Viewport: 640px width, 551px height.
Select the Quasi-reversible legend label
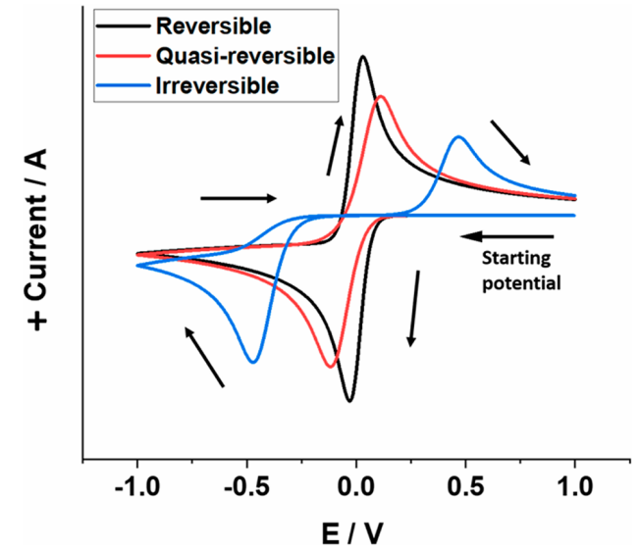[x=242, y=55]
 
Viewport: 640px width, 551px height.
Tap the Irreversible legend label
[x=217, y=85]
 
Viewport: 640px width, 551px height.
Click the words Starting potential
[x=520, y=272]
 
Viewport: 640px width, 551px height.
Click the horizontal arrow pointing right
[x=239, y=198]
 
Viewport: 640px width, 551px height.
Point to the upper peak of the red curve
[x=381, y=96]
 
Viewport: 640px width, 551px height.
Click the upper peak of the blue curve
[x=458, y=137]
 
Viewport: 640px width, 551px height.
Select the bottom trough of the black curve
[x=349, y=401]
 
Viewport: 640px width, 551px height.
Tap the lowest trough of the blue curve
[x=253, y=362]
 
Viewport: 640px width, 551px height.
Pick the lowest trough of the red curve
[x=331, y=367]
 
